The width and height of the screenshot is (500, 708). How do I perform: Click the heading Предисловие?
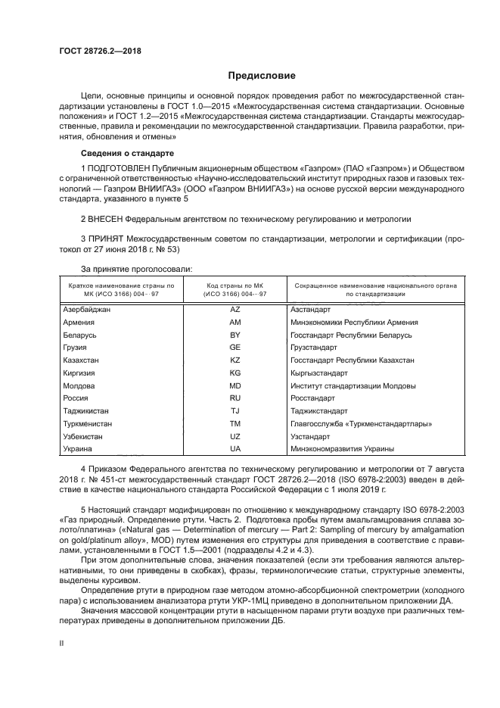pyautogui.click(x=262, y=76)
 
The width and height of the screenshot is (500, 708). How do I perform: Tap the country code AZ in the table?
pyautogui.click(x=234, y=309)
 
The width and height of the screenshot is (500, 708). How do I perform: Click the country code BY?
pyautogui.click(x=234, y=334)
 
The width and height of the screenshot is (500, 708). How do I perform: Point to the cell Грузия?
pyautogui.click(x=76, y=347)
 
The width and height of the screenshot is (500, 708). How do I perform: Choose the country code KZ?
pyautogui.click(x=234, y=360)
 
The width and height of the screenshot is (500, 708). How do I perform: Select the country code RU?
pyautogui.click(x=234, y=398)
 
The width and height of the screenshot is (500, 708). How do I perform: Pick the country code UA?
pyautogui.click(x=234, y=449)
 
